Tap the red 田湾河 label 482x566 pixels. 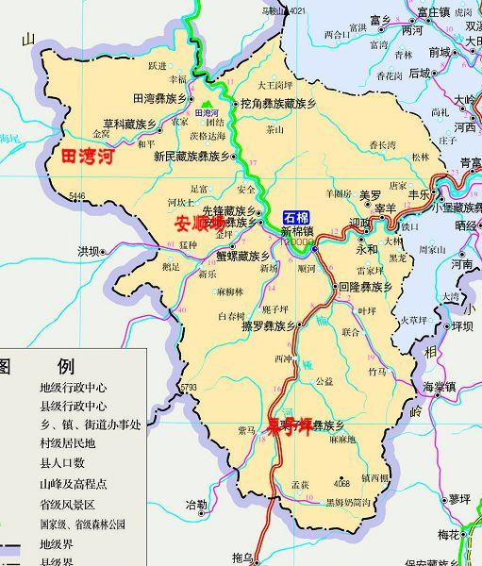[87, 157]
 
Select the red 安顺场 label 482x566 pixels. [199, 225]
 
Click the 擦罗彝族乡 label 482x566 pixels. [268, 325]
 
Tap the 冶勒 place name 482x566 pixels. [196, 505]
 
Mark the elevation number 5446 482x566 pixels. [75, 196]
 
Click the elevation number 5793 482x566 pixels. [189, 387]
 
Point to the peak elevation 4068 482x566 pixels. [341, 483]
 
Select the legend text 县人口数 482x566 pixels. [62, 463]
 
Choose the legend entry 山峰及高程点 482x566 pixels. [73, 483]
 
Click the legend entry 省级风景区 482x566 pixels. [67, 504]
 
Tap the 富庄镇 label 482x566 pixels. [434, 12]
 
